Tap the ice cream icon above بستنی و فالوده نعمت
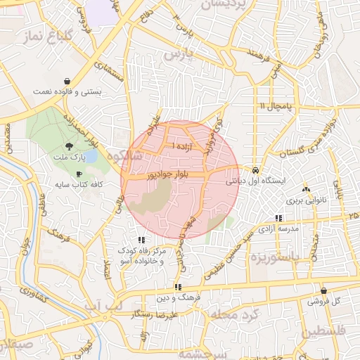tap(67, 81)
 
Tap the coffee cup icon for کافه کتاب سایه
tap(78, 174)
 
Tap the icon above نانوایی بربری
tap(305, 189)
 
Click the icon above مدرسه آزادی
tap(279, 218)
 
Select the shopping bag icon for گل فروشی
tap(323, 290)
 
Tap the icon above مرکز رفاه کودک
tap(143, 240)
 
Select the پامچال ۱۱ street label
tap(274, 105)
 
